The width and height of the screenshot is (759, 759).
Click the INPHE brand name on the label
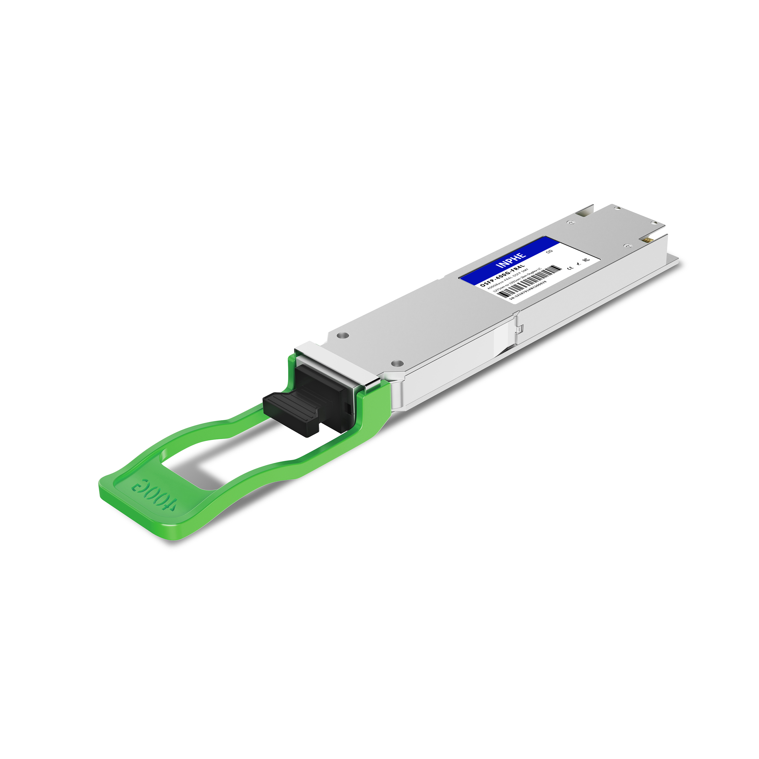[511, 260]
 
